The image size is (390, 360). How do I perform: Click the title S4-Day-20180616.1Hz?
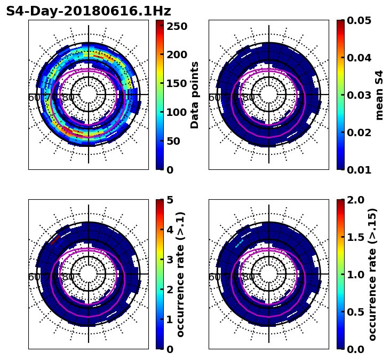point(88,11)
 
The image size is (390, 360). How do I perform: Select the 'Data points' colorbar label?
point(195,95)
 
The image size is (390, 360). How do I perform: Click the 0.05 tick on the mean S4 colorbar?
point(359,20)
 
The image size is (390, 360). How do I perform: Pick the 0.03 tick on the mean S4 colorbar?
point(359,95)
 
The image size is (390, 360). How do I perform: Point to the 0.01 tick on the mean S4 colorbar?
point(359,169)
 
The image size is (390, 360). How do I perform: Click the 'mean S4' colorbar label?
point(379,95)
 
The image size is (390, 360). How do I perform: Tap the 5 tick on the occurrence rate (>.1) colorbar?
point(171,200)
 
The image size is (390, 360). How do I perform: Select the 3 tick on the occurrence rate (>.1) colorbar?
point(171,260)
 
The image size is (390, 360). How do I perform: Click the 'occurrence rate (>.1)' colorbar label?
point(181,274)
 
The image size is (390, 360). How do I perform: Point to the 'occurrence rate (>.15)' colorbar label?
point(372,274)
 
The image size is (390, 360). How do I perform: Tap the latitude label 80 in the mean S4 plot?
point(249,98)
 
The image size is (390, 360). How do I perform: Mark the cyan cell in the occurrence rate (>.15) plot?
point(239,244)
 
